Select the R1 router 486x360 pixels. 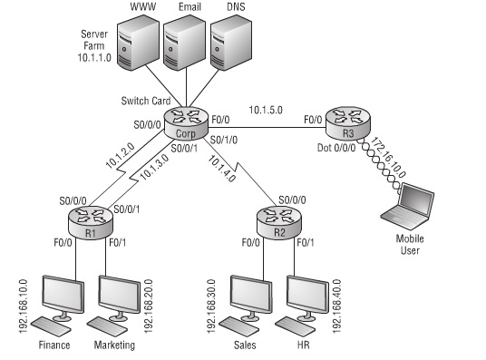(91, 219)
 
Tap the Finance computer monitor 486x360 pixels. (55, 297)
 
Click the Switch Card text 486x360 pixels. (145, 100)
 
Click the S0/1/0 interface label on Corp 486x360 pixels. (226, 141)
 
